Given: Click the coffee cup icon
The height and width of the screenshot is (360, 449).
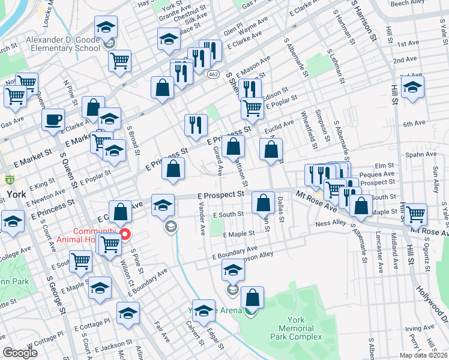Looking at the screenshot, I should tap(53, 119).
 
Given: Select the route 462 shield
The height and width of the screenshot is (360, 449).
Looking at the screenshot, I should tap(213, 73).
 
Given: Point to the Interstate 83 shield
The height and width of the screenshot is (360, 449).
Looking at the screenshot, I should tap(10, 179).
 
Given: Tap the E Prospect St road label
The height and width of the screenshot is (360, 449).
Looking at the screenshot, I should tap(221, 195).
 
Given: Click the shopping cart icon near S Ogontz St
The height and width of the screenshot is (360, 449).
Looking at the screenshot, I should tap(415, 214).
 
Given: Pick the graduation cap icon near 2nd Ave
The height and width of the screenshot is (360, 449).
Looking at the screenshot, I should tap(412, 87).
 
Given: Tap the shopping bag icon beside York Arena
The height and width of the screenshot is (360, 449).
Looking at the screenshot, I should tap(253, 298).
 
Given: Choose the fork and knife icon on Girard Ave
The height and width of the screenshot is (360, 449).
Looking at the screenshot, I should tap(196, 125).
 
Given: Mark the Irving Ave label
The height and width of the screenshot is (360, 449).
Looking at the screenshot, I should tap(419, 329).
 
